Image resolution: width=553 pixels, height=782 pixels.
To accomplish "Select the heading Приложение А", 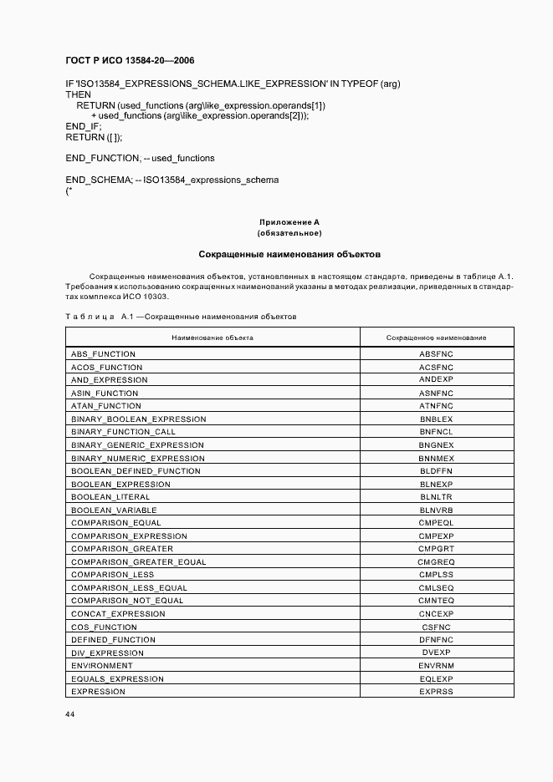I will [x=289, y=222].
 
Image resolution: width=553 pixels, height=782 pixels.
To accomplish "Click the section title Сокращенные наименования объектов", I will [x=289, y=253].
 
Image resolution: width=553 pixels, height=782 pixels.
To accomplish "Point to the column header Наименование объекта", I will [x=212, y=338].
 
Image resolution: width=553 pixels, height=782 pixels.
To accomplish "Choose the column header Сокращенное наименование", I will [x=436, y=338].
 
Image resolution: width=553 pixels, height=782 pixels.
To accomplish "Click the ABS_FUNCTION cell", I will [x=103, y=354].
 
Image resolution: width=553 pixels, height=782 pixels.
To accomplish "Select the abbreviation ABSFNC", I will [x=436, y=354].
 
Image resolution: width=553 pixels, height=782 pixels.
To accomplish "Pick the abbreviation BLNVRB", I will [x=436, y=510].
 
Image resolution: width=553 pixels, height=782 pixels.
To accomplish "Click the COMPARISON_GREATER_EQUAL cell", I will [x=138, y=562].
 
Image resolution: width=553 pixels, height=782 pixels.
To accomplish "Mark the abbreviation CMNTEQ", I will [x=436, y=601].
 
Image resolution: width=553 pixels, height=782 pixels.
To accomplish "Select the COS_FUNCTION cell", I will [x=104, y=627].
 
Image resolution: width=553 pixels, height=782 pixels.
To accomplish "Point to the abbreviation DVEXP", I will [x=436, y=653].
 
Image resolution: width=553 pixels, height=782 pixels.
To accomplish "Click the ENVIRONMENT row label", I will [x=101, y=666].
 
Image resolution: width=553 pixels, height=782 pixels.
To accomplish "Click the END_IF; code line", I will [x=82, y=126].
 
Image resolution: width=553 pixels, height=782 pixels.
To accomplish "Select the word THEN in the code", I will [x=78, y=95].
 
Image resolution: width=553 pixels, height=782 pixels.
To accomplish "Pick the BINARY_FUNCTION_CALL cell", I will [x=123, y=432].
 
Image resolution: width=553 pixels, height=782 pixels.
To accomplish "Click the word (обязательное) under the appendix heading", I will [x=289, y=233].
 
